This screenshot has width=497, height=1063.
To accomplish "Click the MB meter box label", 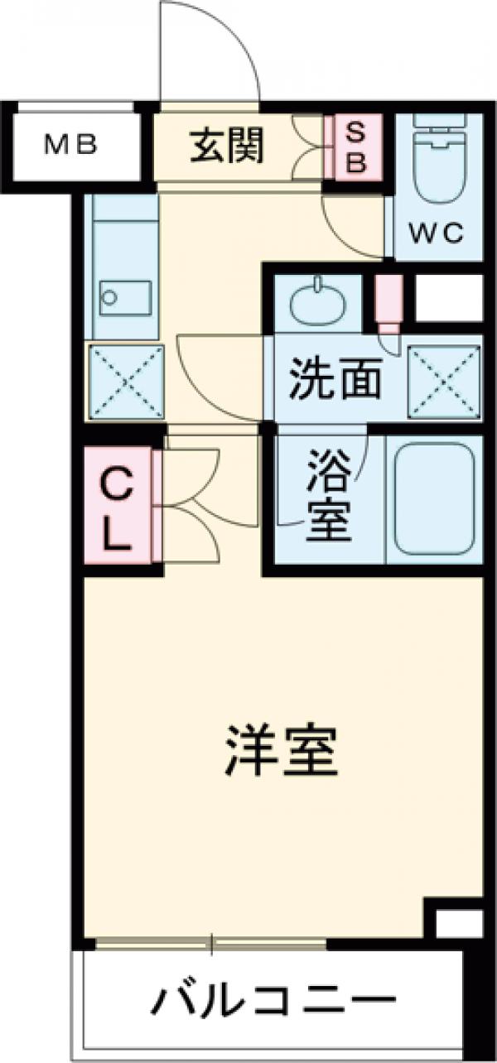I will coord(71,147).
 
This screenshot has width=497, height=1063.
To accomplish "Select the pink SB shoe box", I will coord(355,147).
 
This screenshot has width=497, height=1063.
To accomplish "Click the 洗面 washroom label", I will coord(335,380).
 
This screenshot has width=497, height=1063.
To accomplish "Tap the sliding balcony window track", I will coord(212,943).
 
